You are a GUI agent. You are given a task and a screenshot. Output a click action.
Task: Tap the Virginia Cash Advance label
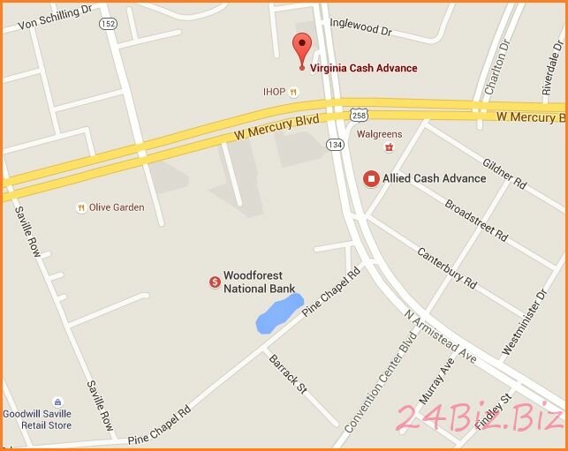click(x=363, y=68)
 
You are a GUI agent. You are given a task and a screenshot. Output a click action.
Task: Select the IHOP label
click(x=274, y=92)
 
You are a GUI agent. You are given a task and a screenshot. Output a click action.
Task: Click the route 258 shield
click(x=358, y=116)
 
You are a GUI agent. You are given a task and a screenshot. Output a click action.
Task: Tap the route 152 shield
click(x=109, y=24)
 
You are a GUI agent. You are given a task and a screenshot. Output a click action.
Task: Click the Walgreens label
click(x=379, y=134)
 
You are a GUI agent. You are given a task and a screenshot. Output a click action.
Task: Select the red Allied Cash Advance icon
click(x=372, y=178)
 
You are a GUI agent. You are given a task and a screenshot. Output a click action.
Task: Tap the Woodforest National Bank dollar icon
click(x=214, y=282)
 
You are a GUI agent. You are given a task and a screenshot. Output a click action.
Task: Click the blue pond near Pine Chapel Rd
click(x=279, y=313)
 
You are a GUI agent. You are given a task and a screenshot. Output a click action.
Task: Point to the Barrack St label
click(x=287, y=373)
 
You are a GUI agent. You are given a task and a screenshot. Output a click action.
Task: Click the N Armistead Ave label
click(x=441, y=336)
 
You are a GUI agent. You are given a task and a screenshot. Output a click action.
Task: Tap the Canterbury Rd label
click(x=446, y=267)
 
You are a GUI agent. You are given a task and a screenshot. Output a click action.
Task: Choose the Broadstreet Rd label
click(x=476, y=220)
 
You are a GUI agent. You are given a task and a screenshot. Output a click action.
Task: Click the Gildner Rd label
click(x=504, y=172)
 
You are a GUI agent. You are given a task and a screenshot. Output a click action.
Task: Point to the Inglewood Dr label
click(x=360, y=28)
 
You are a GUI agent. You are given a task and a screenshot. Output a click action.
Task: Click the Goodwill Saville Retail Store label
click(x=37, y=419)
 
